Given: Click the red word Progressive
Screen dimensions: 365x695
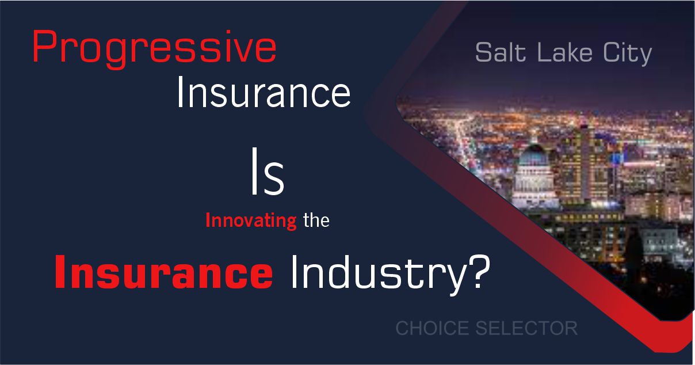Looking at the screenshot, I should (154, 48).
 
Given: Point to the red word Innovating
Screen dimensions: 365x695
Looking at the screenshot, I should (251, 221).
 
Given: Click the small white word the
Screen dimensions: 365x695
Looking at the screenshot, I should (316, 220).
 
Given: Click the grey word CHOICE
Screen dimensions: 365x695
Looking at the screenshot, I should (433, 328).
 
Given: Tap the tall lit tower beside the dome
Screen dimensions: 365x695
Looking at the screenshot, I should (586, 155).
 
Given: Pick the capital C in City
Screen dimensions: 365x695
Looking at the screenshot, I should (604, 54).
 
